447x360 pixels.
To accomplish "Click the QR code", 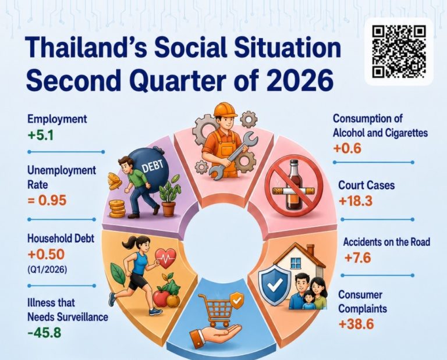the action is [x=399, y=52].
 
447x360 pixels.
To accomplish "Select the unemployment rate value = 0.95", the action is [x=47, y=201].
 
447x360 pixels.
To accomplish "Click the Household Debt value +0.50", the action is [x=46, y=254].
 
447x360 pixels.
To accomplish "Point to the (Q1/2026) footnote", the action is [x=47, y=269].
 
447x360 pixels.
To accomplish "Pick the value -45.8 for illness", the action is [x=44, y=333].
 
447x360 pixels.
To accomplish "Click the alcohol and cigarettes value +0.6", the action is [x=347, y=148].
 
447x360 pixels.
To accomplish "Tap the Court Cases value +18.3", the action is [x=356, y=201].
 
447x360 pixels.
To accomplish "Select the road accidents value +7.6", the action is [x=357, y=258].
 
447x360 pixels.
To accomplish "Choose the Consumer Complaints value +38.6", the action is [x=356, y=324].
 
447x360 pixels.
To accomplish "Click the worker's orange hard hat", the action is [x=225, y=110].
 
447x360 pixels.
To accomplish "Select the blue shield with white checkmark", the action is [x=275, y=285].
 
